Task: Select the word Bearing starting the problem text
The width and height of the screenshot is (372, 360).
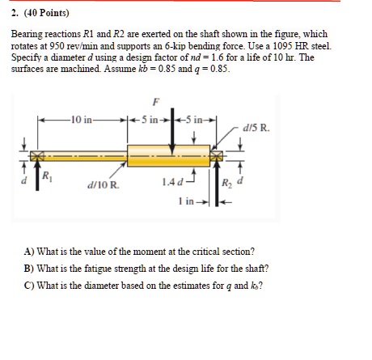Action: pyautogui.click(x=28, y=36)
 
